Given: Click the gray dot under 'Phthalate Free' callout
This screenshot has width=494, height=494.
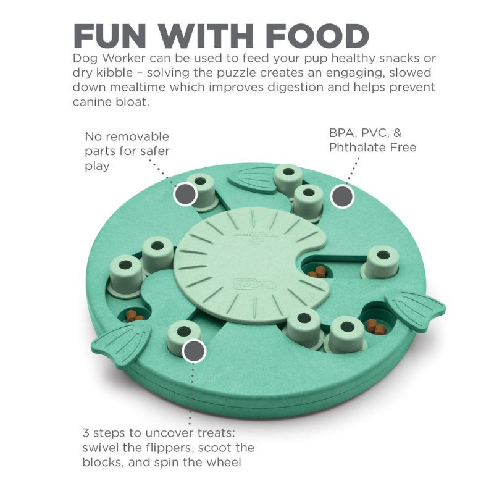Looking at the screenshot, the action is pos(342,196).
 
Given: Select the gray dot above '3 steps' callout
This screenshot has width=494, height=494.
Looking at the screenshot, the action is pos(194,351).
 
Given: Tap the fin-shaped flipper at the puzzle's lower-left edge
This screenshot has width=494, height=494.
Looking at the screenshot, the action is pos(120,345).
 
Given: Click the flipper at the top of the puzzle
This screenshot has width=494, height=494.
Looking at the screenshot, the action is pos(252,181).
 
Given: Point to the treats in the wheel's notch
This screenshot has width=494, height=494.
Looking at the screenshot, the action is pos(317,272).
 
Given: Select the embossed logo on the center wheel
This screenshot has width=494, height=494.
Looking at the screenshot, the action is pos(254,285).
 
